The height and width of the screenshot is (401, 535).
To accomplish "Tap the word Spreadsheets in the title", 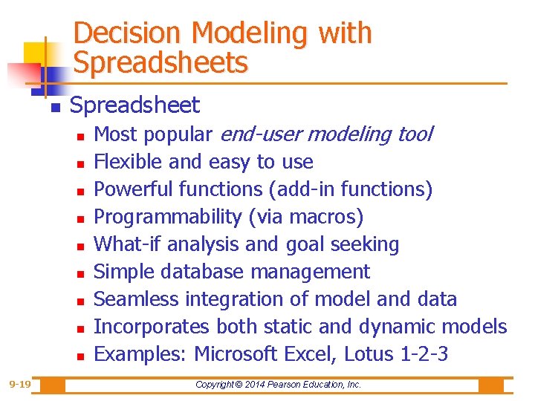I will [160, 63].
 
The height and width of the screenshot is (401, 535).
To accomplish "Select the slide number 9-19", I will [20, 385].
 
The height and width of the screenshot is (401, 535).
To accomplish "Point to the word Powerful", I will [132, 189].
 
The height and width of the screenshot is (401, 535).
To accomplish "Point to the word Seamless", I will [137, 299].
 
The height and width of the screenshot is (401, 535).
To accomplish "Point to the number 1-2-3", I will [424, 354].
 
